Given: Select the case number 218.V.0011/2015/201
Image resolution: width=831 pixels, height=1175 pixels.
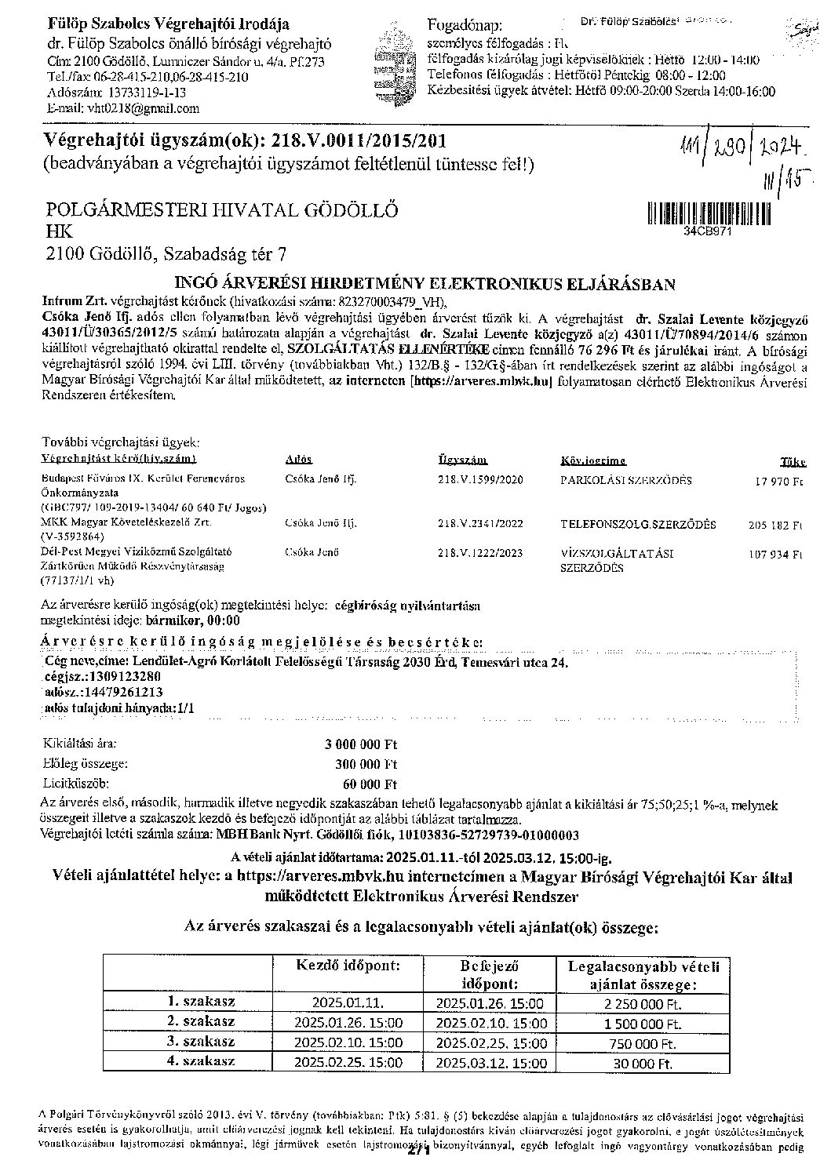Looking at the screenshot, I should [359, 141].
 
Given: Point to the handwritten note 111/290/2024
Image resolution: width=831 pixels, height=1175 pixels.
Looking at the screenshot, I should [745, 147].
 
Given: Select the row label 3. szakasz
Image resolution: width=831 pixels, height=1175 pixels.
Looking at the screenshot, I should [201, 1042].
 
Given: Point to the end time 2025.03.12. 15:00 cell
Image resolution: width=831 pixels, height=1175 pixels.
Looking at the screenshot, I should [490, 1063].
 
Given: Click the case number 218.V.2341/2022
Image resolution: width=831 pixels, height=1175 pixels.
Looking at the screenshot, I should [479, 523].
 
